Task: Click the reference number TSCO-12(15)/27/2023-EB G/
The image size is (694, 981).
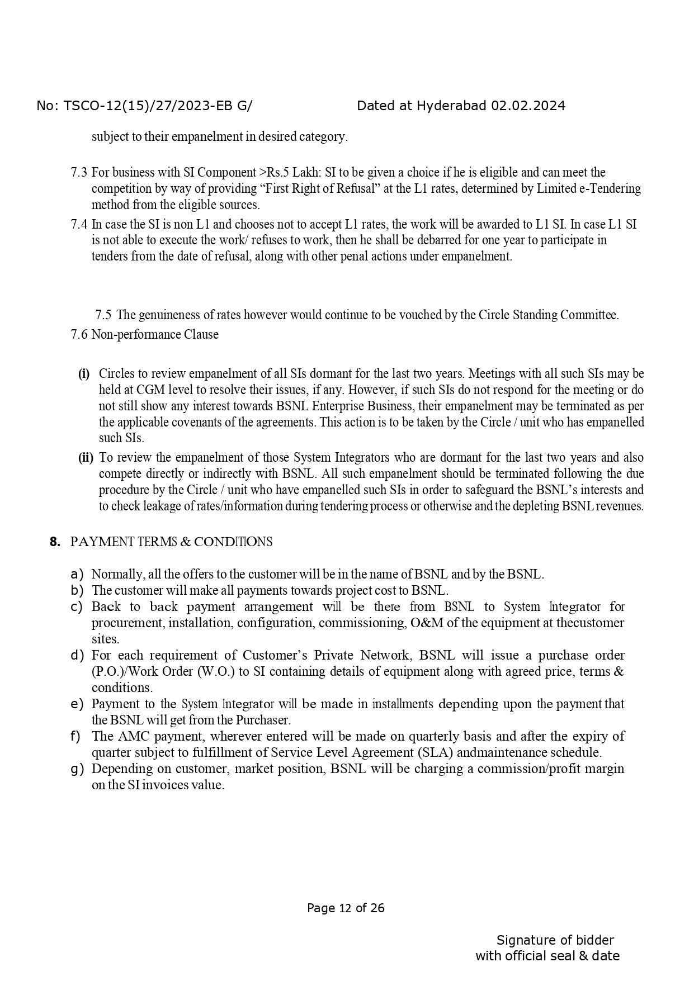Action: [x=157, y=106]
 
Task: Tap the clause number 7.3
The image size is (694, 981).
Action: [x=79, y=172]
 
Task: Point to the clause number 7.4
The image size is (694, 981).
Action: [x=79, y=224]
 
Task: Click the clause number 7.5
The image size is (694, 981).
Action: [x=103, y=315]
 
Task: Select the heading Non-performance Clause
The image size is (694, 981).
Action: [x=155, y=334]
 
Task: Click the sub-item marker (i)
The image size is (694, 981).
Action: [x=84, y=373]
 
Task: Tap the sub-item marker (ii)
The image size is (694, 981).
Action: [x=86, y=458]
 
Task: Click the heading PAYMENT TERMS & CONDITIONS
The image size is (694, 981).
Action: [x=172, y=542]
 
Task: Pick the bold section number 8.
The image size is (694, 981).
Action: [x=54, y=542]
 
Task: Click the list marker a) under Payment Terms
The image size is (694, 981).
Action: [x=77, y=574]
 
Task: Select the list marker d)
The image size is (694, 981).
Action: [x=77, y=655]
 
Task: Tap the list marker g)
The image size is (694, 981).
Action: [x=77, y=769]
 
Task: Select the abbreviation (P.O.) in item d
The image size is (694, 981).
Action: [x=105, y=671]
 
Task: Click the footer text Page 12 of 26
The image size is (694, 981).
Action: [x=346, y=908]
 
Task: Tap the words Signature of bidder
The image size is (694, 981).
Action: [x=555, y=940]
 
